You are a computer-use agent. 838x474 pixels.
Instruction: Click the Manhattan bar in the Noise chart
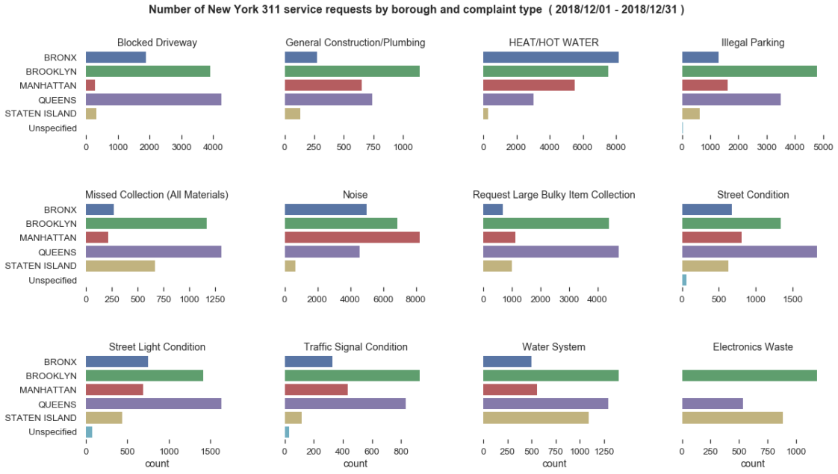point(352,237)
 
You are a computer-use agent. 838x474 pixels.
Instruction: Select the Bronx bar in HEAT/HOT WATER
point(550,57)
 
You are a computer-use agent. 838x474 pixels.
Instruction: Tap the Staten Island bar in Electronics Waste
point(732,418)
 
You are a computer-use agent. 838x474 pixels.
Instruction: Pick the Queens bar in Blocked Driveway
point(153,99)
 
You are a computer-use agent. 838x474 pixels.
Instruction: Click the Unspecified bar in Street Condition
point(684,280)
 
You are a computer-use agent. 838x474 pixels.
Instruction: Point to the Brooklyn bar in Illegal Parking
point(749,71)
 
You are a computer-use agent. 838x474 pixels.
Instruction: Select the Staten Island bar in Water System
point(536,418)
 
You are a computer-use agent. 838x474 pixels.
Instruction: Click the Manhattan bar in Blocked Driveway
point(90,85)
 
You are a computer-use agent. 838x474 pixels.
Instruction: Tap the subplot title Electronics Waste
point(752,347)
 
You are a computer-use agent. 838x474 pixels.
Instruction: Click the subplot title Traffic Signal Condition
point(356,347)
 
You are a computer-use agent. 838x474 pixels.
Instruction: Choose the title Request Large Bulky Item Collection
point(553,195)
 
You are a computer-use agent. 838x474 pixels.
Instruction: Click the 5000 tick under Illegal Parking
point(823,148)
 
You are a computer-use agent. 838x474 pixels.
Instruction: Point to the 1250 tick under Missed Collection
point(214,299)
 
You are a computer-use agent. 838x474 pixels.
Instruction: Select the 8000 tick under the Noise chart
point(415,299)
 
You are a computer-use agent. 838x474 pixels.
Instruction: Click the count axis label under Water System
point(554,464)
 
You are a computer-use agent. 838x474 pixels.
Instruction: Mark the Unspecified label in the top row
point(52,128)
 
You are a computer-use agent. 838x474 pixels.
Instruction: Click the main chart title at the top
point(416,10)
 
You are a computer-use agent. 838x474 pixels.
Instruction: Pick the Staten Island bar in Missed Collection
point(120,266)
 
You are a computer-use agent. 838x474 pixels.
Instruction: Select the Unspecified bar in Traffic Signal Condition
point(287,432)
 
